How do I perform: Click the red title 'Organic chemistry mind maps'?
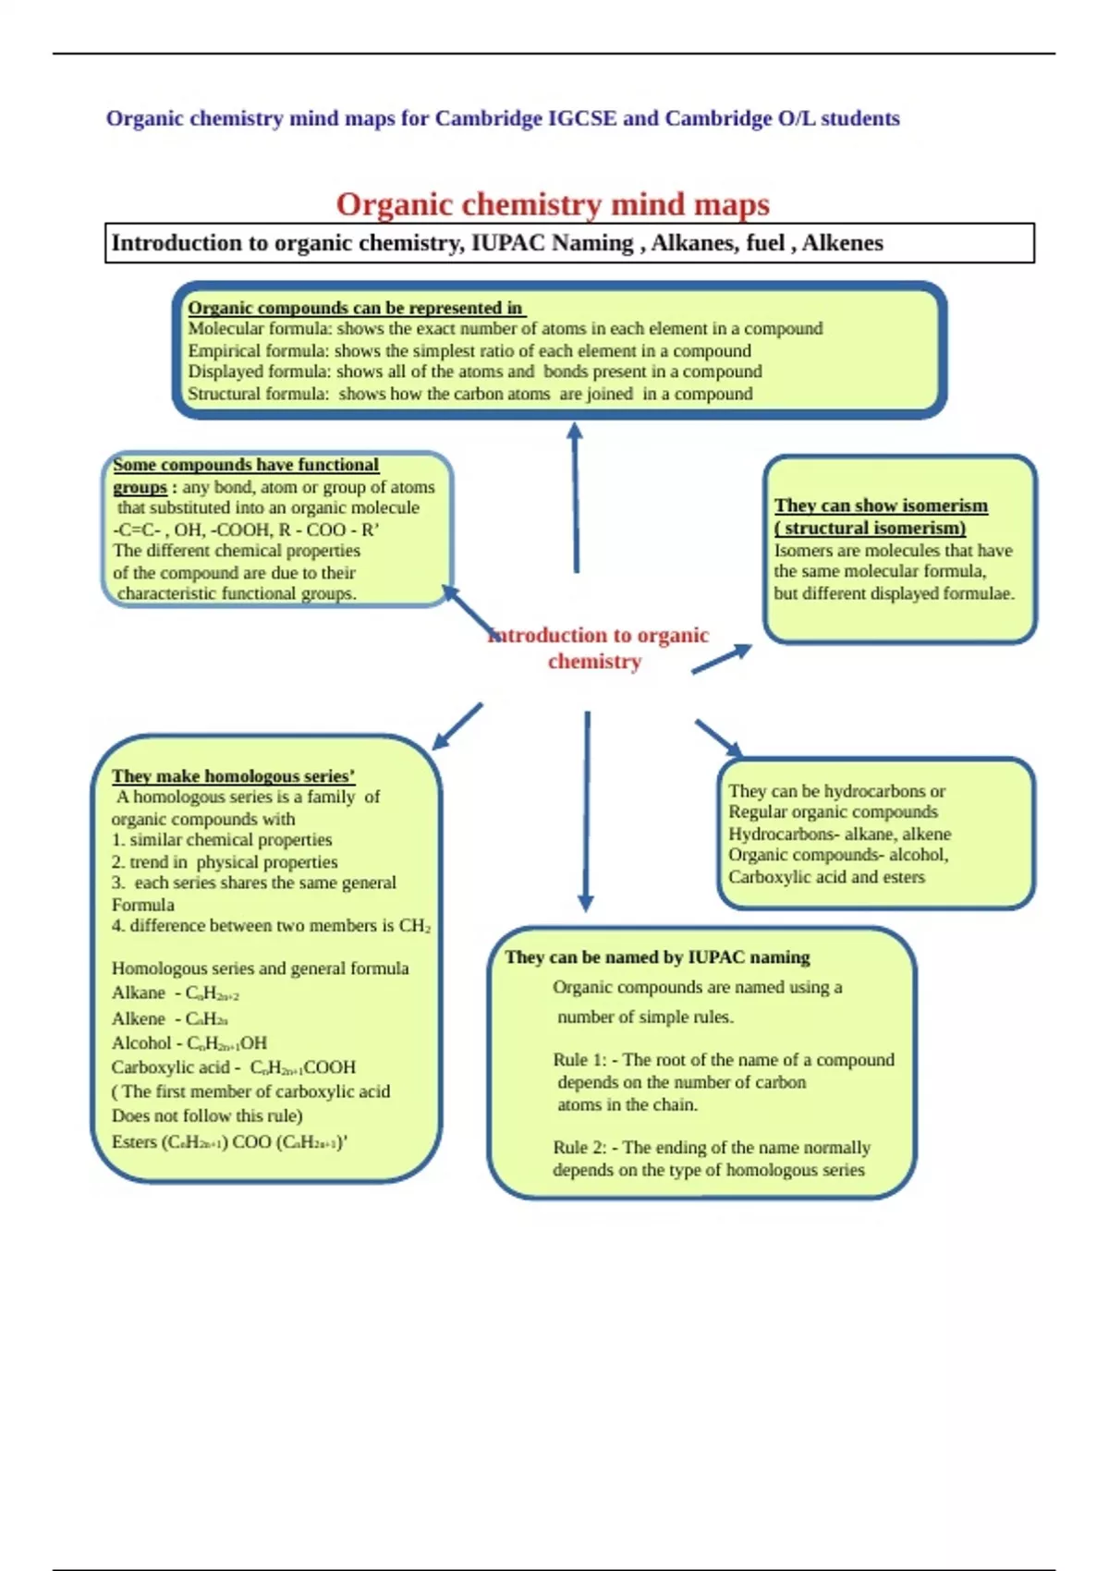pos(553,204)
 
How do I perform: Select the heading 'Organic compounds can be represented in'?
pos(355,308)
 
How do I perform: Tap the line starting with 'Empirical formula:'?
pos(469,351)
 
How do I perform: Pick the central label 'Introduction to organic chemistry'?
pos(597,648)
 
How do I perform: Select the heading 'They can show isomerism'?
pos(881,505)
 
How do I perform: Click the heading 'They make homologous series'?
pos(233,776)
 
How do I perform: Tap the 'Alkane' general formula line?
pos(176,993)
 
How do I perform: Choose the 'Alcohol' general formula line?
pos(189,1043)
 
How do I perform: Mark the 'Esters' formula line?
pos(229,1142)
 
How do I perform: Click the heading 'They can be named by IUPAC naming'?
pos(657,957)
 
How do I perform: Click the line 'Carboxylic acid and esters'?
pos(826,877)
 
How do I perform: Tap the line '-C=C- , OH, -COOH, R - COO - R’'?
pos(246,530)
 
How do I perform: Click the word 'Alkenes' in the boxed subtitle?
pos(842,243)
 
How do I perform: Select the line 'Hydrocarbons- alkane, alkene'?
pos(839,834)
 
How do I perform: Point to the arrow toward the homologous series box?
pos(457,726)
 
